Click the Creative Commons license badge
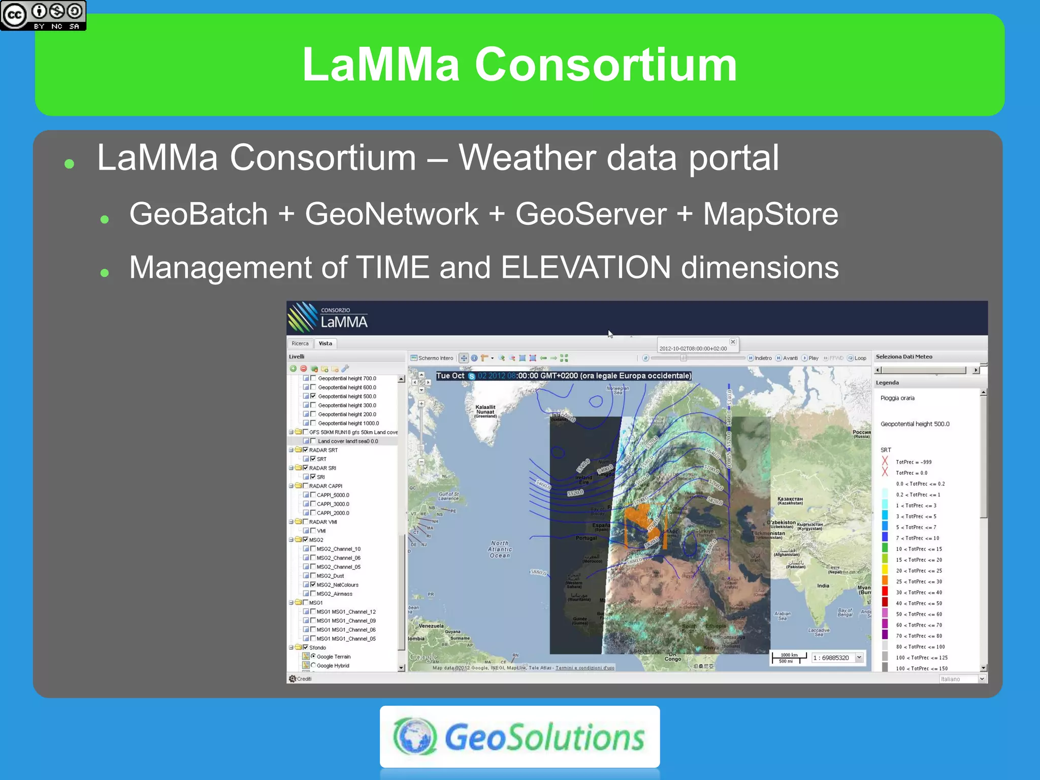(43, 15)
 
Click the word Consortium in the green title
(605, 65)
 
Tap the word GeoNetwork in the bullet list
(391, 214)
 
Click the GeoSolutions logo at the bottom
(519, 736)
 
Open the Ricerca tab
(300, 344)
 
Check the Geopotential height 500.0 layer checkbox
(313, 396)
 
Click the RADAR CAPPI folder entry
(326, 486)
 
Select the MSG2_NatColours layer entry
(337, 585)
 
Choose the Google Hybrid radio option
(313, 665)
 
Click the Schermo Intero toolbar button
(432, 358)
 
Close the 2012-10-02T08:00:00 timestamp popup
(733, 342)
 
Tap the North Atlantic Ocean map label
(500, 549)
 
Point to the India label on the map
(823, 586)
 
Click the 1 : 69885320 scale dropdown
(859, 658)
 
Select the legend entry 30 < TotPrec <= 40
(918, 593)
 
